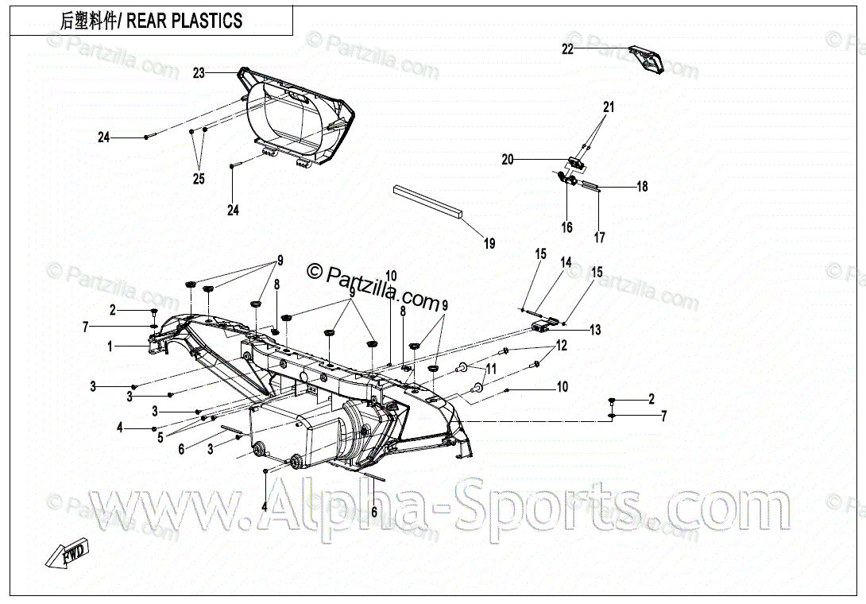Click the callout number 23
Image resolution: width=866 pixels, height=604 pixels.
pos(199,73)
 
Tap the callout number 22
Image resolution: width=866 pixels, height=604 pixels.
pos(567,49)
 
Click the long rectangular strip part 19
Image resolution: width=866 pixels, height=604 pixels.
pos(429,203)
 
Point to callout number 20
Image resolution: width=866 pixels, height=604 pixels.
pos(508,160)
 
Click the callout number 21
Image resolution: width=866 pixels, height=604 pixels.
pos(609,106)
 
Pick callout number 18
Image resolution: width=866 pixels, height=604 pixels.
pos(642,187)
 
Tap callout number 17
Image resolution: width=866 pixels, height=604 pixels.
pos(599,238)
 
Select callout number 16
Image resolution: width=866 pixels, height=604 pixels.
pos(566,228)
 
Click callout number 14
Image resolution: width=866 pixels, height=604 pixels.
pos(566,262)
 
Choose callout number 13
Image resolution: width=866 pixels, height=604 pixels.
pos(595,330)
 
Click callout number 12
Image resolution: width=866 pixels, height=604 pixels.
pos(562,346)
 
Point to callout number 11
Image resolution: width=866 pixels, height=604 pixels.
pos(491,369)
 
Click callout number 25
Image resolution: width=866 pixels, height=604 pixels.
pos(199,180)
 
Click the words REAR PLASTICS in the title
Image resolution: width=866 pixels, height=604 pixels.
pos(184,21)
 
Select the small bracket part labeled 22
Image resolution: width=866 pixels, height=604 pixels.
pos(645,60)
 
